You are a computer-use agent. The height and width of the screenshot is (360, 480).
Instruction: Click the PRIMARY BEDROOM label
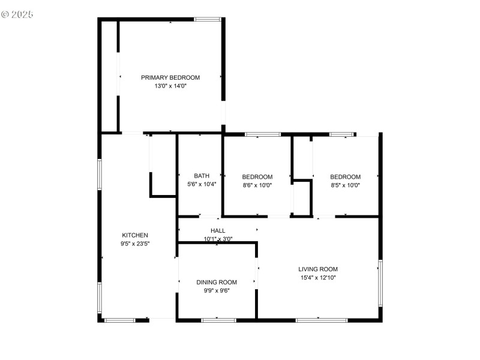click(170, 77)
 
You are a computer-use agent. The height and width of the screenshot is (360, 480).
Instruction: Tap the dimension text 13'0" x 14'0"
click(170, 86)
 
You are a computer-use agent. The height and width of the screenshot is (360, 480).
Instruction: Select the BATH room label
click(202, 176)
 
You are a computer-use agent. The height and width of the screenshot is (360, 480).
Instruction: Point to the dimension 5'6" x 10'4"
click(202, 185)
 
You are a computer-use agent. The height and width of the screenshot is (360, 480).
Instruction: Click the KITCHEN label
click(135, 235)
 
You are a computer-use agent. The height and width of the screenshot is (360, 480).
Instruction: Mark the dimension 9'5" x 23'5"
click(135, 244)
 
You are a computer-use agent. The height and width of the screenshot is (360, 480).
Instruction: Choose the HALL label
click(218, 230)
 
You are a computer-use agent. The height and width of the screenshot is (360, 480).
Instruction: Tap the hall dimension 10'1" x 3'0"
click(218, 239)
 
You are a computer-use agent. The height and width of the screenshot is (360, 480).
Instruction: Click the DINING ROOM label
click(217, 282)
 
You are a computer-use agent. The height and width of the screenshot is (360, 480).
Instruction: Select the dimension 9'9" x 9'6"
click(217, 290)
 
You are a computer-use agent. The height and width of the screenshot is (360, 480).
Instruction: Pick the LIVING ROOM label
click(318, 269)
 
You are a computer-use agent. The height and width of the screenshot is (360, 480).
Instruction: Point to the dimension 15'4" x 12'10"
click(318, 278)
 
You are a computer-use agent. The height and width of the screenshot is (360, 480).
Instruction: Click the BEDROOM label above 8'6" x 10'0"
click(257, 177)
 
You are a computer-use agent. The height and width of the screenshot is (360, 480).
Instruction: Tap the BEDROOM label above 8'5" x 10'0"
click(346, 177)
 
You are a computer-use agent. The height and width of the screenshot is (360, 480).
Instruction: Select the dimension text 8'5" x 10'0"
click(346, 185)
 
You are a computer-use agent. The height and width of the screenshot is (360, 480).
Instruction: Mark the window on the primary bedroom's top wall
click(207, 20)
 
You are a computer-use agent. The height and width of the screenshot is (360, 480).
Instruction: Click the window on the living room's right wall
click(380, 282)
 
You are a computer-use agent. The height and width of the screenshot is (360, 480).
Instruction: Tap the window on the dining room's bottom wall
click(218, 320)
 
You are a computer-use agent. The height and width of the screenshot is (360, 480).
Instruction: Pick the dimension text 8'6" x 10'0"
click(257, 185)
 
